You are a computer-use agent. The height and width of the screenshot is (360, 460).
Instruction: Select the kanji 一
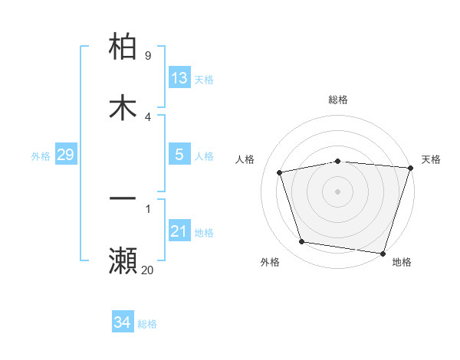(123, 198)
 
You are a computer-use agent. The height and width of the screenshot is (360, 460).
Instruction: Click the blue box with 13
(179, 77)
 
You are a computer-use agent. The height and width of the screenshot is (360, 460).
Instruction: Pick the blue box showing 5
(179, 155)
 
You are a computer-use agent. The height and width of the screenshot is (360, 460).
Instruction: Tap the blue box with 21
(179, 231)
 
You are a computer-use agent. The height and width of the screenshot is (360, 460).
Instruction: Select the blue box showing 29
(65, 155)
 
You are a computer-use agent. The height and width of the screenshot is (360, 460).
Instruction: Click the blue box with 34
(122, 322)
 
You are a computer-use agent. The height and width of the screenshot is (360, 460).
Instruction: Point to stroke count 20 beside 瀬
(147, 269)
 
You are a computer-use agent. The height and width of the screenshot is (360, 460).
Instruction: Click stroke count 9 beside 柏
(148, 55)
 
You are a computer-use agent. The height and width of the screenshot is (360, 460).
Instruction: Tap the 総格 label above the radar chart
(338, 100)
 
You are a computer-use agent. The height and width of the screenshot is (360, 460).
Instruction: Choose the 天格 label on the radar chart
(431, 159)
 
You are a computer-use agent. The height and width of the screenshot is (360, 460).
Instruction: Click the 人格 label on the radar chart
(245, 159)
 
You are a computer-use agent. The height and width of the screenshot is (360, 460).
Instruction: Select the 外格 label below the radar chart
(270, 262)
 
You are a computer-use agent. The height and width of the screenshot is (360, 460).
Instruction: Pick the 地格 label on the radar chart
(402, 262)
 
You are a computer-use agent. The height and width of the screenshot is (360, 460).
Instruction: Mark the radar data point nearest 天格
(410, 168)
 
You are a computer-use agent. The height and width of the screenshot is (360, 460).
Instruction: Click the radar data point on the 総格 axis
(338, 161)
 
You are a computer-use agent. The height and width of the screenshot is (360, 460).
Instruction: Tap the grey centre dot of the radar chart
(338, 191)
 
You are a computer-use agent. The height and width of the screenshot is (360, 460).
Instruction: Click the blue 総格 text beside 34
(147, 324)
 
